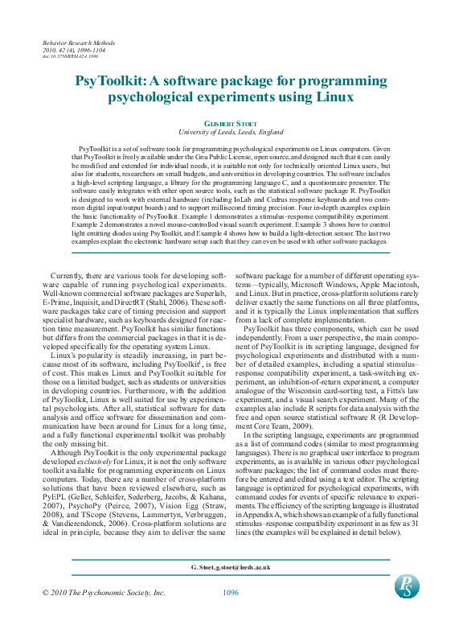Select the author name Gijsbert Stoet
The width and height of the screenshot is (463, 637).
(231, 123)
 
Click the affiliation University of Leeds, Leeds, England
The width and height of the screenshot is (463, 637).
(231, 131)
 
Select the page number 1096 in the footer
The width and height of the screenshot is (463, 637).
(231, 593)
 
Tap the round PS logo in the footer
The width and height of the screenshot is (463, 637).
(407, 586)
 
